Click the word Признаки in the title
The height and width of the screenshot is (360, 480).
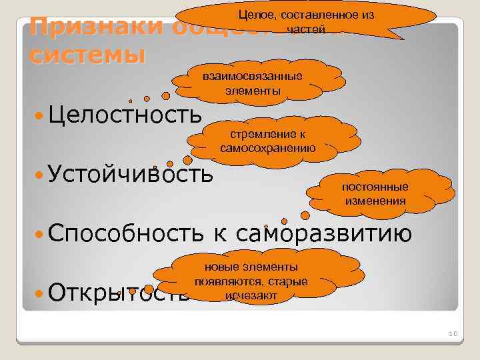[93, 28]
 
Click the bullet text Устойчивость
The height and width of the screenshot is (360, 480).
[131, 174]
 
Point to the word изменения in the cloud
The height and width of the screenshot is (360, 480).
[375, 200]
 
